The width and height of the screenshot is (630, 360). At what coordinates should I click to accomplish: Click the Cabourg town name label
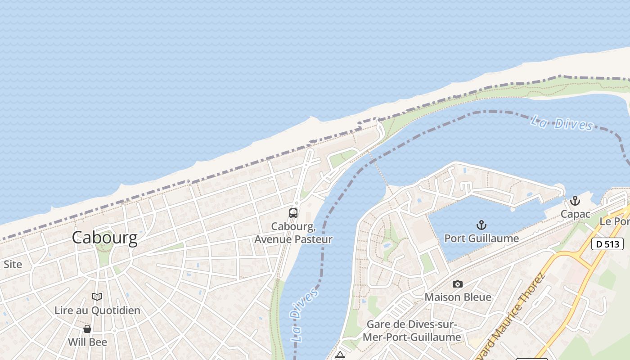tap(104, 238)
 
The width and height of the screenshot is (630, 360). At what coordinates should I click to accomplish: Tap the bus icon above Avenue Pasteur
tap(293, 213)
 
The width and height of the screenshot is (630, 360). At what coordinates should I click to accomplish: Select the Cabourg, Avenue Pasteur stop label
tap(293, 233)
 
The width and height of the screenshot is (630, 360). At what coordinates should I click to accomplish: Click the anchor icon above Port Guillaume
tap(481, 225)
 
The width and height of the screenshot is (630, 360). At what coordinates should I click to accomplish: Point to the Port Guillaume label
tap(481, 238)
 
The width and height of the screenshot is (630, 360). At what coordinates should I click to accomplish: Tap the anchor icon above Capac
tap(575, 201)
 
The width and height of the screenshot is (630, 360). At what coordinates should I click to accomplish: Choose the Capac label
tap(575, 214)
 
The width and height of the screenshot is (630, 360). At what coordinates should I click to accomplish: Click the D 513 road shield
tap(607, 244)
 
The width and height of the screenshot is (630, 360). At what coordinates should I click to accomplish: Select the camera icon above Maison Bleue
tap(458, 284)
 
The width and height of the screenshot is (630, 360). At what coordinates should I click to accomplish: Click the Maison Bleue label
tap(458, 297)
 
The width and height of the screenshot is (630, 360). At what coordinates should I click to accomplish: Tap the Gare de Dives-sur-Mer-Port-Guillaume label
tap(414, 331)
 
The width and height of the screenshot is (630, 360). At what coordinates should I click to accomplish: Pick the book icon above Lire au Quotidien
tap(97, 297)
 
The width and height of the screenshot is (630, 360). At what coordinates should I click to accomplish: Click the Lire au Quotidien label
tap(97, 310)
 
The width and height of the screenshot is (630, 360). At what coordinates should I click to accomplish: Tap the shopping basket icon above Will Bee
tap(87, 329)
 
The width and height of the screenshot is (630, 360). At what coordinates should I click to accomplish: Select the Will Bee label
tap(87, 342)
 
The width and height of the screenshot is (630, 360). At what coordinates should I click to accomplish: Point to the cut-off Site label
tap(12, 265)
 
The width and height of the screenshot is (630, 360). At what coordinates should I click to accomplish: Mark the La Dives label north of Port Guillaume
tap(562, 123)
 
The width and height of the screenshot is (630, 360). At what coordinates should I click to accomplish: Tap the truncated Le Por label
tap(615, 221)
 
